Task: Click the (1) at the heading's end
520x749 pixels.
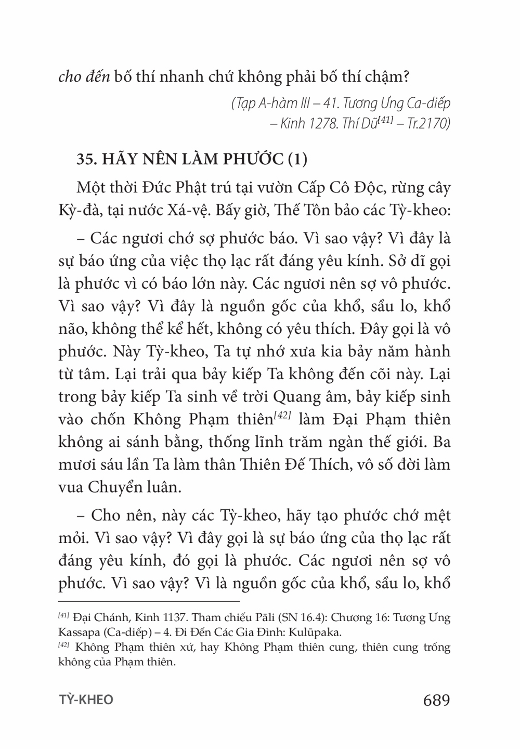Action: (297, 160)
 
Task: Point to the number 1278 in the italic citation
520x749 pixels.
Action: (322, 125)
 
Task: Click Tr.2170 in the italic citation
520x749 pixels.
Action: (428, 125)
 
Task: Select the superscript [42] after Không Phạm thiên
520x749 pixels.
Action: (281, 415)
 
